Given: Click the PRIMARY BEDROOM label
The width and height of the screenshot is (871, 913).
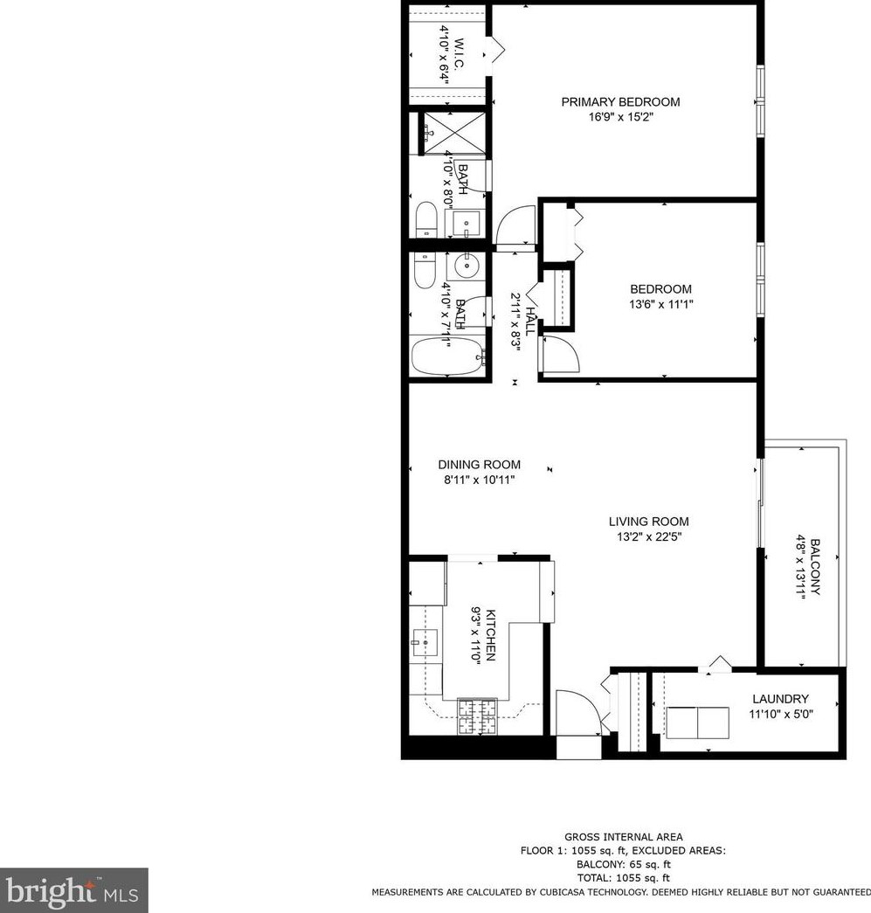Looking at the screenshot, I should (x=619, y=102).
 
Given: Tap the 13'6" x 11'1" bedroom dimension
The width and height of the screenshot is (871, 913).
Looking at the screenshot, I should (x=660, y=305).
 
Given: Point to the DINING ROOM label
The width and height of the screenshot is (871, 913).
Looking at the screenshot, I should (x=479, y=465).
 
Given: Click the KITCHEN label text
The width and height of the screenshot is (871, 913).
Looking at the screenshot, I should (x=491, y=634).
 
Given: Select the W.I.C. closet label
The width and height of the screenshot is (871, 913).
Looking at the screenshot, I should (x=459, y=52).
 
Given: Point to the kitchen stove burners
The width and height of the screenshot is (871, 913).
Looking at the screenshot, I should (x=476, y=716).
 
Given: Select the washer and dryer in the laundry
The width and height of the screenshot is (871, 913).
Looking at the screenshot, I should (x=697, y=723).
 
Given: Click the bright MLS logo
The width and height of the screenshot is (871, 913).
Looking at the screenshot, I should (x=73, y=890).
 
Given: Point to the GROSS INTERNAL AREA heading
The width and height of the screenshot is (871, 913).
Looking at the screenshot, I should (x=624, y=837).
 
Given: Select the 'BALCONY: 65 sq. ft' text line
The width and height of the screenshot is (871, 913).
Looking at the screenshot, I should (x=624, y=864).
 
